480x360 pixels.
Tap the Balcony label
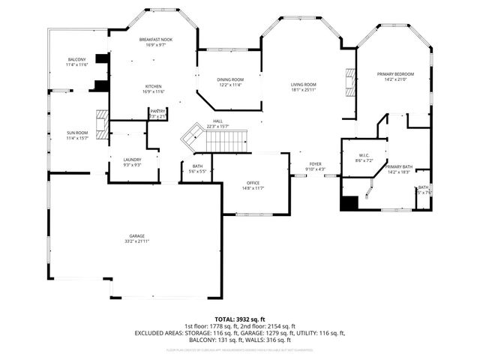click(77, 59)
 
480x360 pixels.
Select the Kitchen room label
click(153, 86)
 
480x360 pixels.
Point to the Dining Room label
click(230, 79)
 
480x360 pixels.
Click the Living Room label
click(304, 85)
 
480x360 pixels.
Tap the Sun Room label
click(77, 133)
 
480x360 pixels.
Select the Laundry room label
click(132, 159)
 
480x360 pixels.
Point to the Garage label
click(136, 236)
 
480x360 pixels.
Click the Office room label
click(253, 183)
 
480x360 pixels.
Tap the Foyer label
click(316, 163)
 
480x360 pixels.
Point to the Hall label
click(217, 121)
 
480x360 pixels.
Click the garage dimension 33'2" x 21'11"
click(136, 241)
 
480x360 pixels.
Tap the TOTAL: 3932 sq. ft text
click(240, 319)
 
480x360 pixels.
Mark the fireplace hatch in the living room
click(348, 79)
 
